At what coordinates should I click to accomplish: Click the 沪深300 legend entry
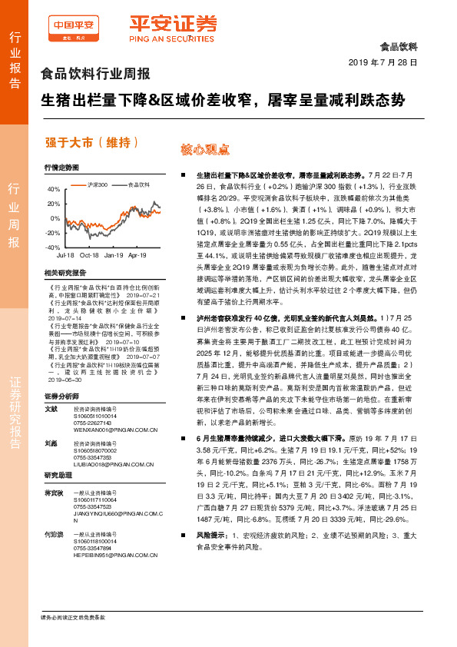point(97,184)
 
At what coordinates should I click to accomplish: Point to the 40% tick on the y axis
point(53,189)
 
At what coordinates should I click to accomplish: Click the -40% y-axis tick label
point(52,247)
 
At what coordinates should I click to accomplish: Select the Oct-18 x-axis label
point(89,254)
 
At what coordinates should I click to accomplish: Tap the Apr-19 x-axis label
point(137,254)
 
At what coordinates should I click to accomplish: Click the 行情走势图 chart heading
point(61,167)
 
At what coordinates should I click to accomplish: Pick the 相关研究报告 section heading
point(65,273)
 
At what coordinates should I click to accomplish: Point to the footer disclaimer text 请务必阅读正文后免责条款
point(72,617)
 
